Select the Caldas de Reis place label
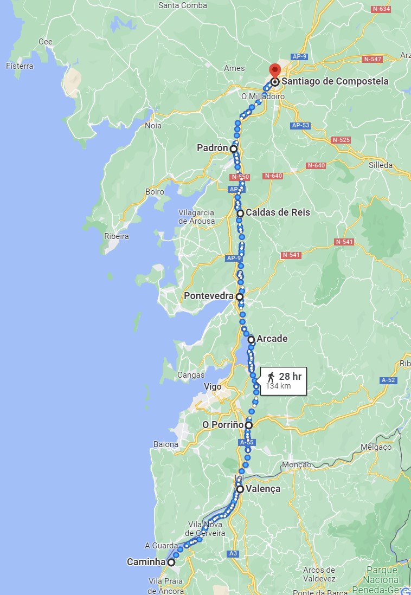[x=278, y=212]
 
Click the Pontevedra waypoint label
[x=209, y=296]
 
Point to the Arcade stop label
[x=272, y=339]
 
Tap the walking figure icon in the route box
[x=271, y=377]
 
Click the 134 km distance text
[x=278, y=386]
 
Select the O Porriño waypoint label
[x=222, y=425]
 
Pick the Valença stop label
[x=263, y=489]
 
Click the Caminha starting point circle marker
[x=171, y=562]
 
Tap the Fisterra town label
[x=20, y=66]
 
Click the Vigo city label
[x=213, y=387]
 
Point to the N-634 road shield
[x=381, y=9]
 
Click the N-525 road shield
[x=341, y=140]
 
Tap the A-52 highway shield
[x=388, y=380]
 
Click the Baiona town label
[x=166, y=444]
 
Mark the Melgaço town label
[x=376, y=447]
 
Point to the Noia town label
[x=153, y=126]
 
